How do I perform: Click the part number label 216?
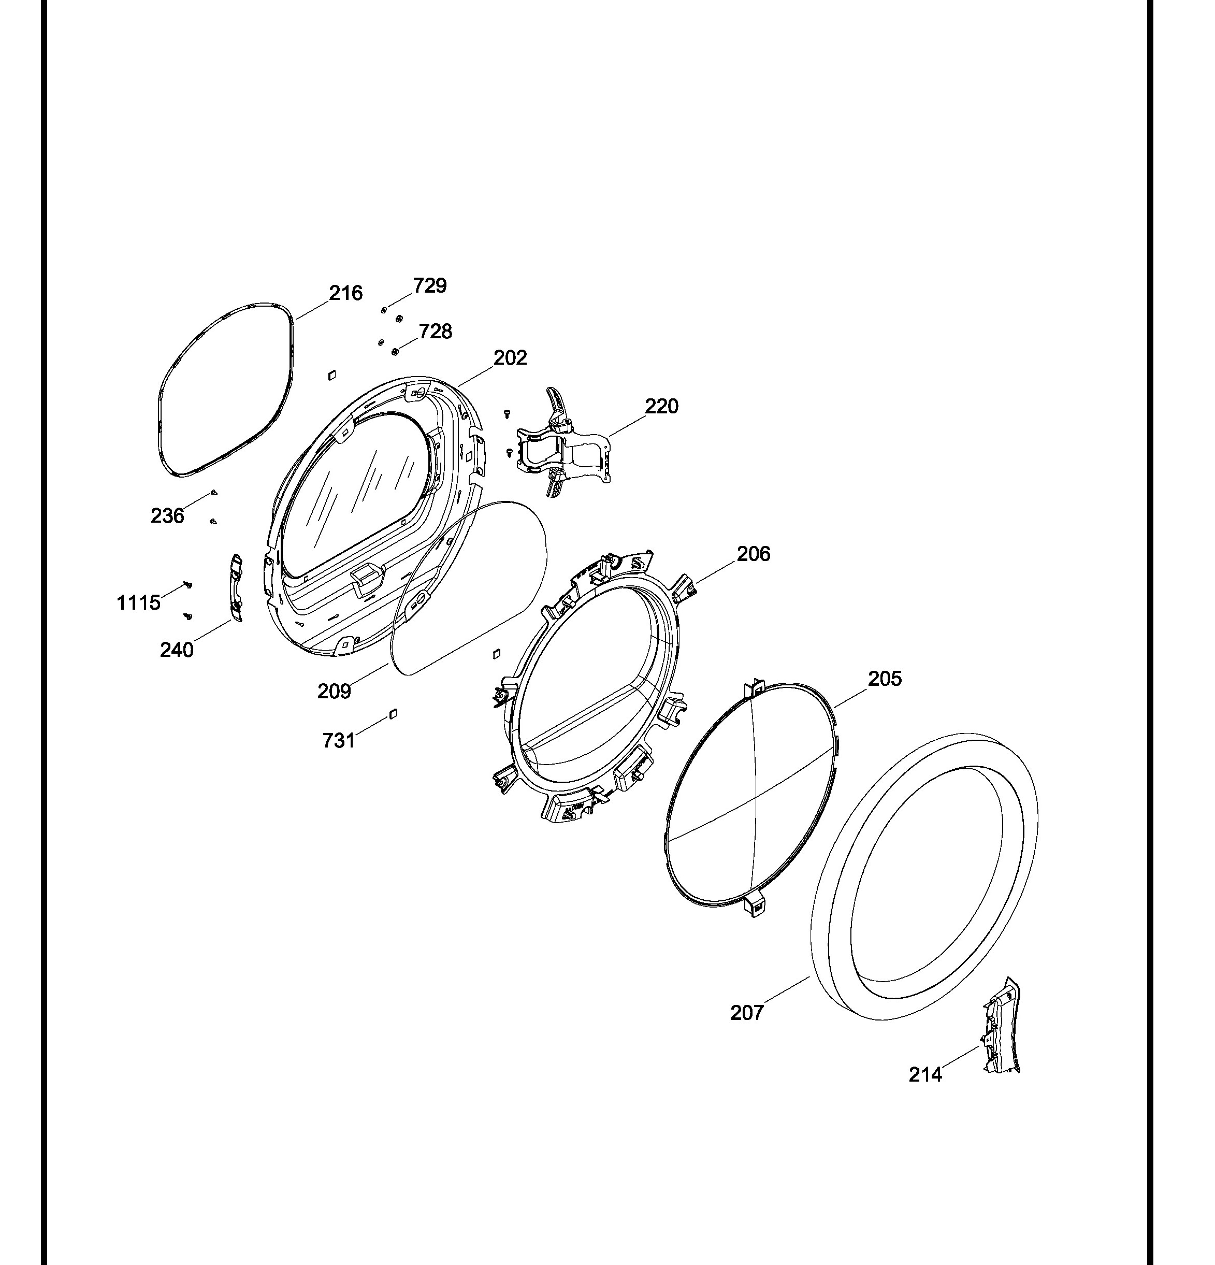point(346,293)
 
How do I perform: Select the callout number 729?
point(430,285)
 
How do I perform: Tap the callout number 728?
point(436,331)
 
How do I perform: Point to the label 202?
point(510,357)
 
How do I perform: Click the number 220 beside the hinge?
point(661,406)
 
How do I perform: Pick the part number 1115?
point(138,603)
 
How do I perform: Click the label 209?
point(334,691)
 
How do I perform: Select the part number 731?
point(339,740)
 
